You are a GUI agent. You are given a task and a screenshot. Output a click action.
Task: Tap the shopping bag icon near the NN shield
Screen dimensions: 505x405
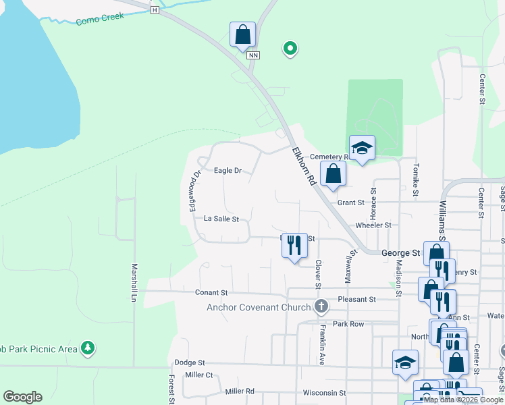pyautogui.click(x=242, y=34)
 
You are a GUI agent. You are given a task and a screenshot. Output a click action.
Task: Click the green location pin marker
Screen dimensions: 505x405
pyautogui.click(x=290, y=48)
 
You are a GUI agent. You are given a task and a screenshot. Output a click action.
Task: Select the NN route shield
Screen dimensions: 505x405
pyautogui.click(x=252, y=55)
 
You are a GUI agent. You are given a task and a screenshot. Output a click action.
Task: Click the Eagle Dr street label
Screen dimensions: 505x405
pyautogui.click(x=228, y=171)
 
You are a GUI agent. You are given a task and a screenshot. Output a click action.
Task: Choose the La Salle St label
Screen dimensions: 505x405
pyautogui.click(x=221, y=219)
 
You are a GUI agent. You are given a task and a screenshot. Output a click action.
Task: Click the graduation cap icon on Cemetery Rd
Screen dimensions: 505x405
pyautogui.click(x=363, y=148)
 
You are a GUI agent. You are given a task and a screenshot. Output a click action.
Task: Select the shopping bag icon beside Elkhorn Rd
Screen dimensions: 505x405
pyautogui.click(x=333, y=173)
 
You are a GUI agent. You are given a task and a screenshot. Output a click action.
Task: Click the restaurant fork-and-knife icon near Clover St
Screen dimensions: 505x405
pyautogui.click(x=294, y=244)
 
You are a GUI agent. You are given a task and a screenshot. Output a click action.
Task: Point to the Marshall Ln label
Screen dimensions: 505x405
pyautogui.click(x=134, y=282)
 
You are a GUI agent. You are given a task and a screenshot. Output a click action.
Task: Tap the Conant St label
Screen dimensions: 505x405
pyautogui.click(x=211, y=293)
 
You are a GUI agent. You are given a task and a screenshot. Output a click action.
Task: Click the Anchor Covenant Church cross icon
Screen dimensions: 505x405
pyautogui.click(x=321, y=307)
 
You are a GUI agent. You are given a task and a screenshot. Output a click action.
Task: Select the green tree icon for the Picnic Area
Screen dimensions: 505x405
pyautogui.click(x=87, y=348)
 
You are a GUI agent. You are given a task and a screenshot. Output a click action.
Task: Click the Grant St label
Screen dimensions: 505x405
pyautogui.click(x=351, y=202)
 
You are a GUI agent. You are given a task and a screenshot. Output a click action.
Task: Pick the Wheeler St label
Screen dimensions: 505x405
pyautogui.click(x=373, y=225)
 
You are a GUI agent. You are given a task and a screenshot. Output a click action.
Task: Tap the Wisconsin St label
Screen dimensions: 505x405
pyautogui.click(x=324, y=392)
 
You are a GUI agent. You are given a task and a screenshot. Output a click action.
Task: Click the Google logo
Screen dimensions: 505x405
pyautogui.click(x=22, y=397)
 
